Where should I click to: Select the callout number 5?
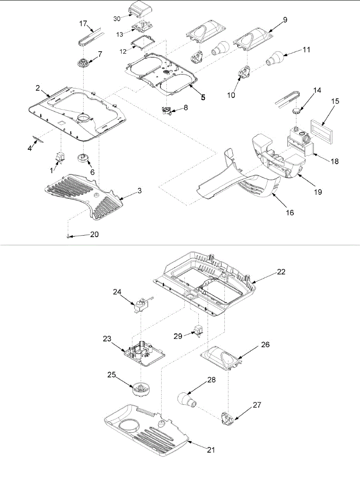(x=203, y=97)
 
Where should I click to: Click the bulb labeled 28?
(x=186, y=399)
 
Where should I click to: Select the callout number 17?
(x=83, y=24)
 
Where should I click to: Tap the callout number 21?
(x=211, y=450)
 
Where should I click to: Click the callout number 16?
(x=290, y=212)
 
